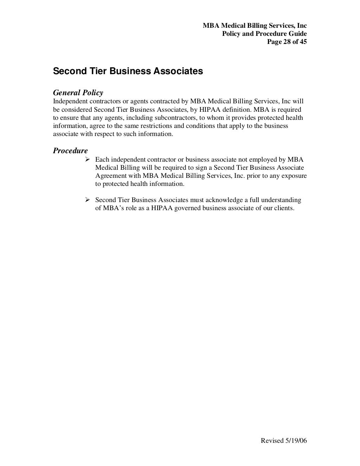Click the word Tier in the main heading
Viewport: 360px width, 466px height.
(98, 71)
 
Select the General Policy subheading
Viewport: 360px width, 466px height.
(78, 93)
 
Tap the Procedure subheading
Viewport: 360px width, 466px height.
(70, 151)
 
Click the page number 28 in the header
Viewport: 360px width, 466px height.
(287, 42)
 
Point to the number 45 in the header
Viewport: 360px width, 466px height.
(303, 42)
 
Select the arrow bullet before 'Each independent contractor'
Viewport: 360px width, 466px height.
(88, 160)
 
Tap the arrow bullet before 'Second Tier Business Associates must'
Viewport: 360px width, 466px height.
(88, 200)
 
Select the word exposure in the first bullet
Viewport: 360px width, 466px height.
(295, 176)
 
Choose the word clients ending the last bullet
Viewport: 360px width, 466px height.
(284, 208)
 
